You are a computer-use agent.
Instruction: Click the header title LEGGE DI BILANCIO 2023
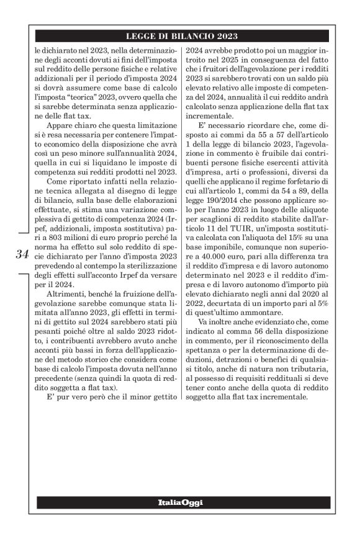[182, 37]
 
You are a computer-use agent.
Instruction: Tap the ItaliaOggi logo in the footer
[181, 502]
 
